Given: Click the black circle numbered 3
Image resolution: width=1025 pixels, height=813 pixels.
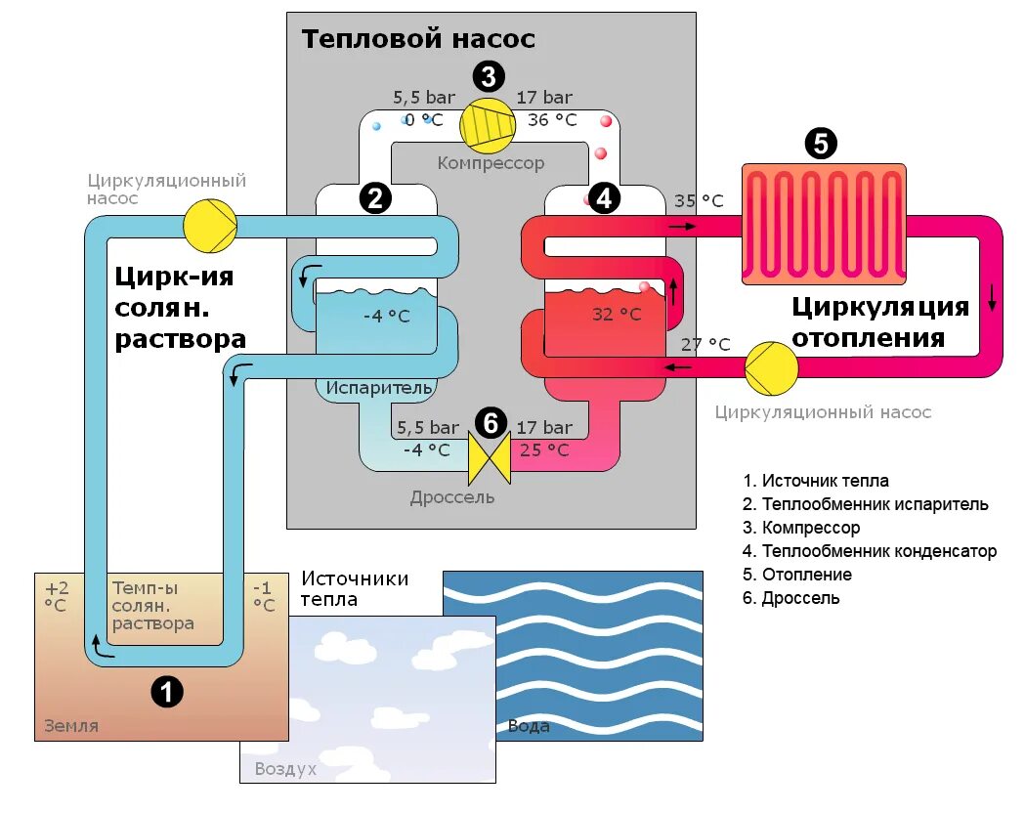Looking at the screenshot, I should (x=489, y=76).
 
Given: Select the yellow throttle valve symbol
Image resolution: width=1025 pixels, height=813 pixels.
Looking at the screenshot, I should (x=490, y=459).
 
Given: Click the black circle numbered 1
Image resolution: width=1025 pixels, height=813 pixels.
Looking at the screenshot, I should (x=166, y=692).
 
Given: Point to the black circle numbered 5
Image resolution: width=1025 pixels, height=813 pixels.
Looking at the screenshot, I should (x=820, y=143).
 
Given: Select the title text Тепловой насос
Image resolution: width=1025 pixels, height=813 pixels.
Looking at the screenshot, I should (x=418, y=39).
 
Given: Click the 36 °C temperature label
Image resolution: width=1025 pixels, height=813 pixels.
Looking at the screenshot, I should (x=552, y=120).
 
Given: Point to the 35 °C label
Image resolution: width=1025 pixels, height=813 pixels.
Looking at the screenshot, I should (x=699, y=201).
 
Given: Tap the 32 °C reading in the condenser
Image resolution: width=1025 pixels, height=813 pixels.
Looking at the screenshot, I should (x=617, y=315).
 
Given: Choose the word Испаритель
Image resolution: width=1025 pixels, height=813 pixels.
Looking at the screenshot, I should (x=379, y=388).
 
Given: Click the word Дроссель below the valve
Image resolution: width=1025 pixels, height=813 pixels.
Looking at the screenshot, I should (x=451, y=497).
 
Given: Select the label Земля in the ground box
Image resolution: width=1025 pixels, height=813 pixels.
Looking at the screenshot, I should (x=71, y=726).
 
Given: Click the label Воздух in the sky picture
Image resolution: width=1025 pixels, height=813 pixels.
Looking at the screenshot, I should (x=285, y=769).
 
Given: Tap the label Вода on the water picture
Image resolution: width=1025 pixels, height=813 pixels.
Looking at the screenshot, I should (x=529, y=726).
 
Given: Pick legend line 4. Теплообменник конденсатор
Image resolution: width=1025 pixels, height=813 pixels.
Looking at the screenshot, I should (x=869, y=551).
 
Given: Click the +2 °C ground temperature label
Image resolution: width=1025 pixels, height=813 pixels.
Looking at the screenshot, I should (x=57, y=596).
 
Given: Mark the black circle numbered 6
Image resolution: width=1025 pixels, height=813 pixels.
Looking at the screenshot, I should (x=491, y=423).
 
